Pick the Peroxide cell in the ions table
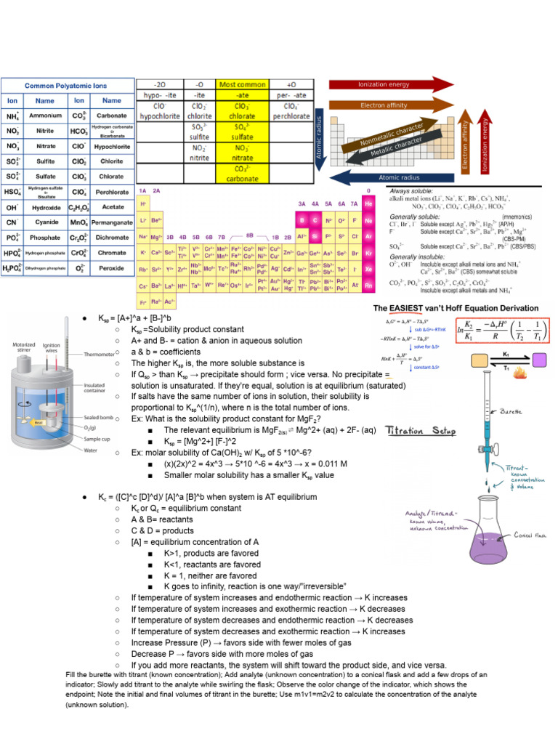pyautogui.click(x=111, y=268)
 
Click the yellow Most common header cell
pyautogui.click(x=243, y=84)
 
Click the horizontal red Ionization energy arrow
pyautogui.click(x=391, y=84)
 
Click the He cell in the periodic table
pyautogui.click(x=369, y=204)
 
